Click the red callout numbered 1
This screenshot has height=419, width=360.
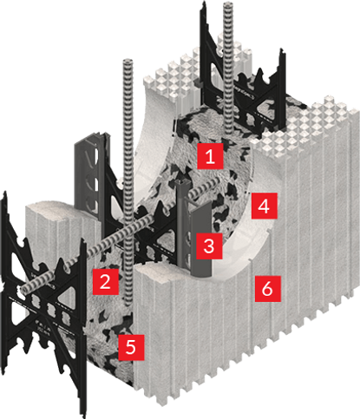209,157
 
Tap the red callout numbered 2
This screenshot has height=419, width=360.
103,280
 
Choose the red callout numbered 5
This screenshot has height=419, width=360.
129,347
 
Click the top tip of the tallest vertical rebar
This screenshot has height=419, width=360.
230,5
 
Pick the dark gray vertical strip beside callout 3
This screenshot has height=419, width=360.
184,234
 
